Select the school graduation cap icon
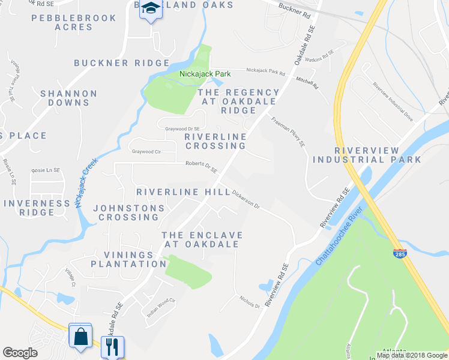[x=151, y=10]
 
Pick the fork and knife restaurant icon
[x=112, y=347]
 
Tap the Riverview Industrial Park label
[x=367, y=155]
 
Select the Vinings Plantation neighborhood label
[x=128, y=259]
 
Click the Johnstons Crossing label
[x=129, y=212]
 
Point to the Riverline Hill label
[x=183, y=192]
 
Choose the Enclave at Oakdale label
[x=202, y=239]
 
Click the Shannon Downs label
[x=68, y=98]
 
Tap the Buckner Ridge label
[x=122, y=63]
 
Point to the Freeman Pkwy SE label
[x=288, y=132]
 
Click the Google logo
[x=20, y=353]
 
